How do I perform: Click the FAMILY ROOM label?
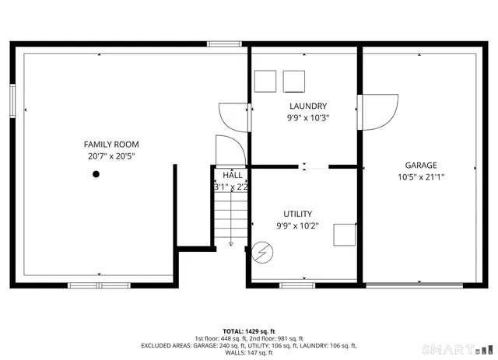(111, 144)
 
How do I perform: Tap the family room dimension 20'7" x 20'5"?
(111, 156)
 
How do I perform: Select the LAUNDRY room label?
(307, 107)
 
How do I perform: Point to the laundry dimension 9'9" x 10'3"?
(307, 118)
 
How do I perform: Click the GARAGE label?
(420, 165)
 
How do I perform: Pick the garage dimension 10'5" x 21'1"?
(420, 177)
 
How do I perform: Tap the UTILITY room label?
(297, 214)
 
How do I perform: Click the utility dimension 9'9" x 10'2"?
(297, 225)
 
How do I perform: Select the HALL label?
(232, 175)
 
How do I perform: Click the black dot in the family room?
(96, 174)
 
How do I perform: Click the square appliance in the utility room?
(345, 235)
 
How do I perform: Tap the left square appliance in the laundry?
(265, 81)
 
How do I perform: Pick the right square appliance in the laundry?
(294, 81)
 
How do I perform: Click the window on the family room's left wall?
(13, 100)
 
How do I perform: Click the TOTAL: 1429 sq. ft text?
(249, 330)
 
